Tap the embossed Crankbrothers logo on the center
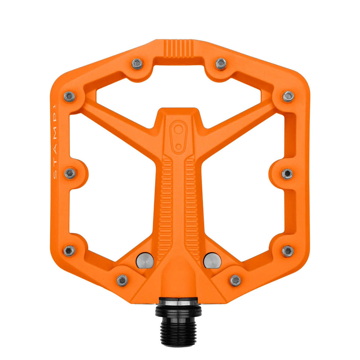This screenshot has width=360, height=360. (x=178, y=137)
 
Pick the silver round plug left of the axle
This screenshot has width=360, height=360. (x=145, y=260)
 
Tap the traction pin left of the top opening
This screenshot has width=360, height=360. (x=137, y=63)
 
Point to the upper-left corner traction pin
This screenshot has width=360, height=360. (x=69, y=96)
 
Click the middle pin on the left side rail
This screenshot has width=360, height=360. (x=70, y=173)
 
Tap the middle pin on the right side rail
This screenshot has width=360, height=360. (x=287, y=173)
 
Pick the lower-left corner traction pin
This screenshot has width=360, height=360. (x=69, y=251)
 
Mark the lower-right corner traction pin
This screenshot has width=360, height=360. (x=288, y=251)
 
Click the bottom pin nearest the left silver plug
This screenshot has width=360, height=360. (x=122, y=280)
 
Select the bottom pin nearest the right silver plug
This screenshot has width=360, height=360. (x=235, y=280)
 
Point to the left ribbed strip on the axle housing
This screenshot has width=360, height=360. (x=167, y=205)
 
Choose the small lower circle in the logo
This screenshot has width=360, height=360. (x=178, y=146)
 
